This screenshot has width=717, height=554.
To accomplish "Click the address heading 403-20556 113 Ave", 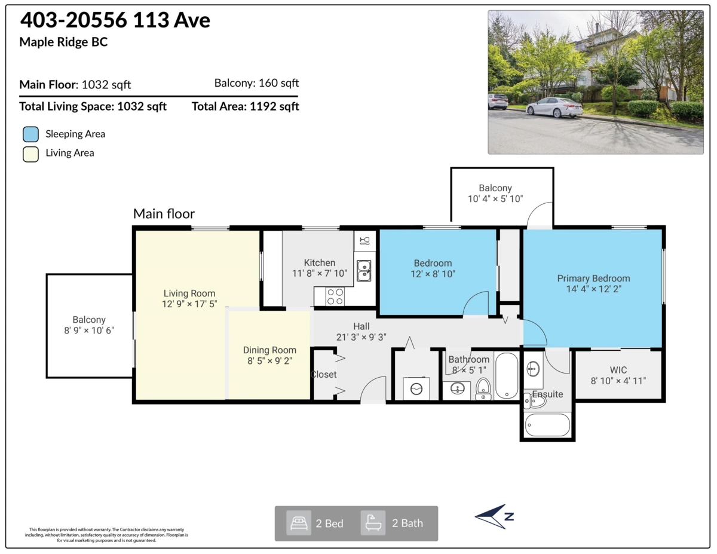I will pos(115,20).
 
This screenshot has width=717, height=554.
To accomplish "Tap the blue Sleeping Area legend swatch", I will pos(31,134).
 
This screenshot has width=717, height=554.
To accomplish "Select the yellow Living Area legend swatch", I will pos(31,153).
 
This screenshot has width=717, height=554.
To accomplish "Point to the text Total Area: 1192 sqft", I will pos(245,107).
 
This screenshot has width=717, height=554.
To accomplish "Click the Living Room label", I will pos(189,293).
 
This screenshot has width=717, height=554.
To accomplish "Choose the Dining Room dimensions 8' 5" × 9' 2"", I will pos(269,361).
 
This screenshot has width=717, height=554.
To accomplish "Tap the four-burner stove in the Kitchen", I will pos(335,296).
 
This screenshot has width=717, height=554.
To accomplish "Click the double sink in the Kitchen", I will pos(363,271).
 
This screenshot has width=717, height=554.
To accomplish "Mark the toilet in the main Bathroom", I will pos(483,388).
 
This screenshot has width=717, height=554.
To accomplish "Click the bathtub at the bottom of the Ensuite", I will pos(547,425).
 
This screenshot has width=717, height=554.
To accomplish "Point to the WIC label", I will pos(618,370).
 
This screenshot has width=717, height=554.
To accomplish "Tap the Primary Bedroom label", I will pos(593,278).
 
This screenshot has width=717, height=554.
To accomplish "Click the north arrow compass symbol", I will pos(494,516).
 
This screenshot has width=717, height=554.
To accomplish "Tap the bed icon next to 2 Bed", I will pos(299,523).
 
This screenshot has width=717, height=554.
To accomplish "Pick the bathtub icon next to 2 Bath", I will pos(373,523).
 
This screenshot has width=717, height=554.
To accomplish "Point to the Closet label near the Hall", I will pos(324,375).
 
